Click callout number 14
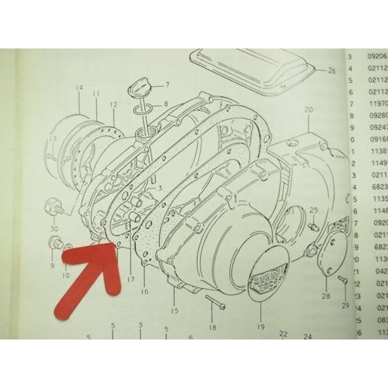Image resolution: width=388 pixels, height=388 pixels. pos(80,87)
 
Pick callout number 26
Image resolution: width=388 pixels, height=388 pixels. pos(332,70)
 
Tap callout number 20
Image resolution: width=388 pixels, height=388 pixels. pos(307,110)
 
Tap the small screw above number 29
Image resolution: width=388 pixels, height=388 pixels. pos(341,280)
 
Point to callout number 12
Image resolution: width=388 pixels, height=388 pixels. pos(114,104)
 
